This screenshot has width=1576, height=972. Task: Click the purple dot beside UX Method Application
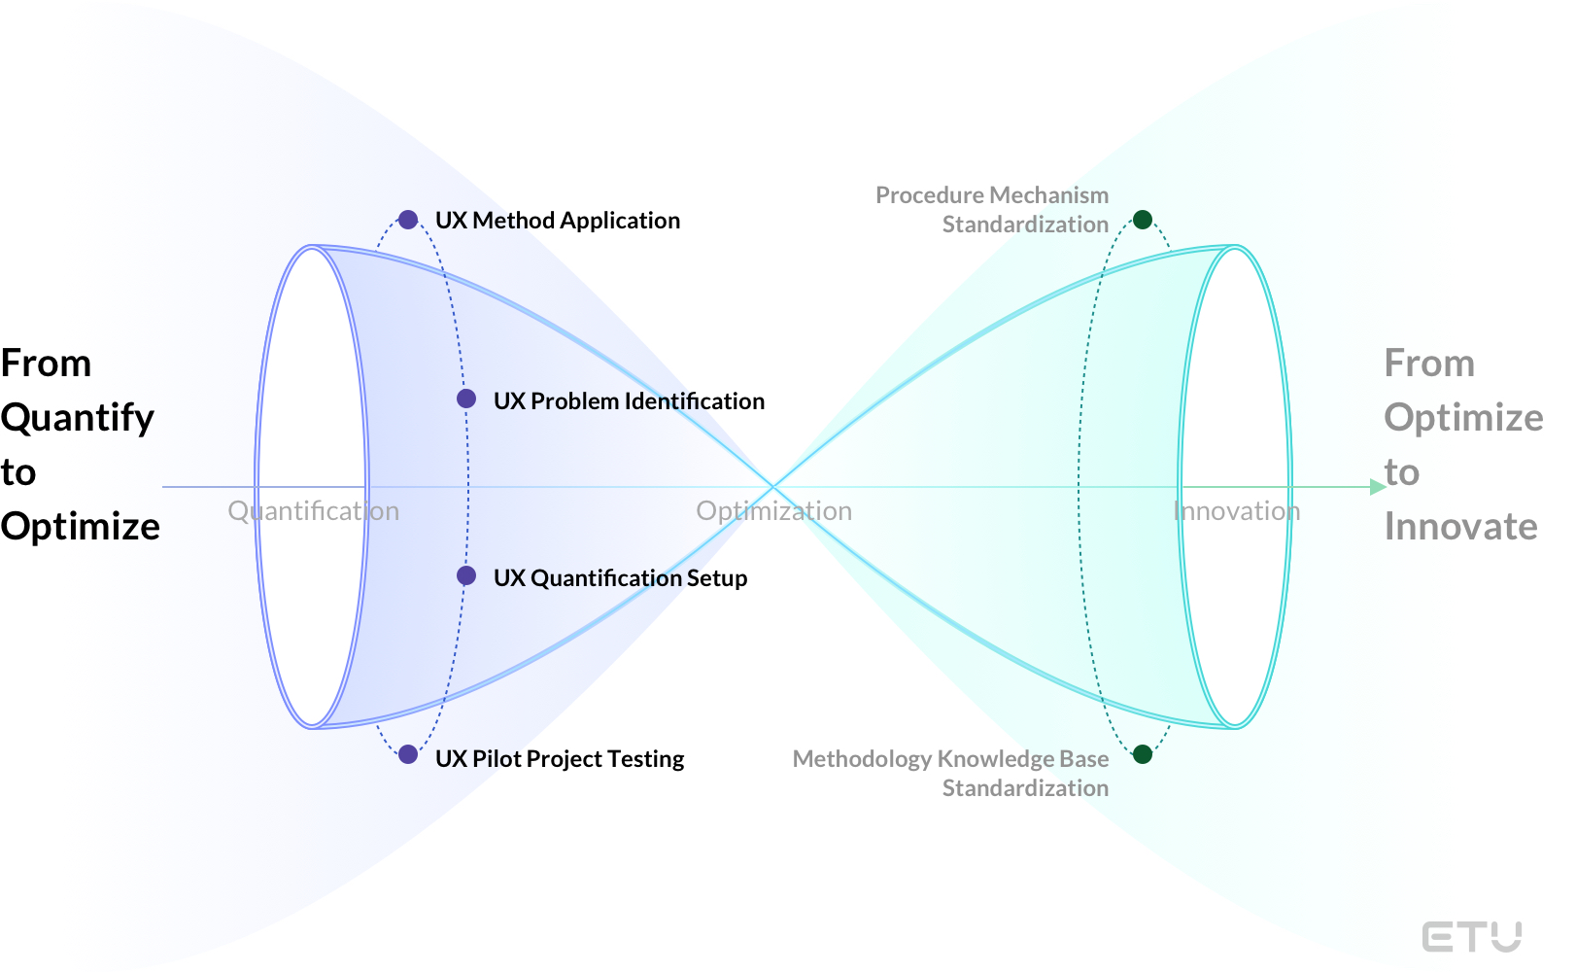pyautogui.click(x=408, y=220)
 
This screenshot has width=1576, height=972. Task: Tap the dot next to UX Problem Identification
pyautogui.click(x=466, y=399)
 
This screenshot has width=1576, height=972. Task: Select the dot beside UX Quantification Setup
pyautogui.click(x=466, y=575)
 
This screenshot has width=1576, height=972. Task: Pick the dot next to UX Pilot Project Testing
pyautogui.click(x=408, y=754)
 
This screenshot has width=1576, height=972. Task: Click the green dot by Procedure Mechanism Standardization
pyautogui.click(x=1143, y=220)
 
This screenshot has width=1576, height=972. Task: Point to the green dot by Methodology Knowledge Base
pyautogui.click(x=1143, y=754)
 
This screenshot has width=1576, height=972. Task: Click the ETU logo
pyautogui.click(x=1471, y=937)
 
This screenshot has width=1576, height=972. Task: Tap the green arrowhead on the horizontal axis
pyautogui.click(x=1378, y=487)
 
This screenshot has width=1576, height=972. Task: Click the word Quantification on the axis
pyautogui.click(x=313, y=511)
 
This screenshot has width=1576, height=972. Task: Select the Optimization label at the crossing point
pyautogui.click(x=773, y=511)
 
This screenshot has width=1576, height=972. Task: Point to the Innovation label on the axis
pyautogui.click(x=1236, y=511)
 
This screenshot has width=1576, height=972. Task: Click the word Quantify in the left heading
pyautogui.click(x=78, y=418)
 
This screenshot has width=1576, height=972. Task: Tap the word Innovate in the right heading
pyautogui.click(x=1460, y=527)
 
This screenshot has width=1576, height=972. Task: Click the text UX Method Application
pyautogui.click(x=557, y=221)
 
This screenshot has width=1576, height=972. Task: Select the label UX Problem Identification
pyautogui.click(x=629, y=401)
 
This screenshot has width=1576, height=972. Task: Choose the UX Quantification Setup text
pyautogui.click(x=620, y=578)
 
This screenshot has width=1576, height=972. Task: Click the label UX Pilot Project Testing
pyautogui.click(x=560, y=759)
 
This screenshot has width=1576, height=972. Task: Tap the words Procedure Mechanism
pyautogui.click(x=991, y=195)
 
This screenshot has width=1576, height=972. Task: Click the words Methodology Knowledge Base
pyautogui.click(x=950, y=759)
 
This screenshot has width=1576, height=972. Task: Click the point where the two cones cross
pyautogui.click(x=773, y=486)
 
